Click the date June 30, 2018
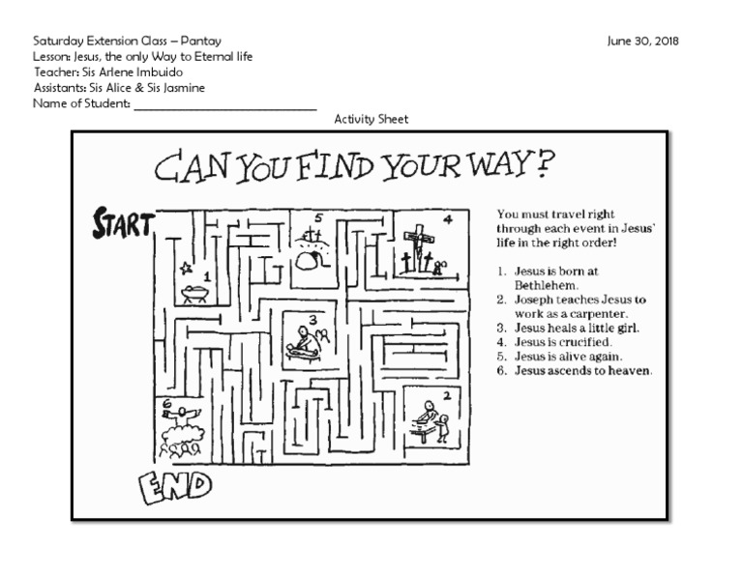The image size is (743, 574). pos(643,41)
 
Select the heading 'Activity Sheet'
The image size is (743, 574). pos(371,119)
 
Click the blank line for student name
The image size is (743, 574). pos(224,106)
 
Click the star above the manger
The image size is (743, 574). pos(184,266)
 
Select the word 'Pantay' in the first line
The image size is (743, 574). pos(200,41)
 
